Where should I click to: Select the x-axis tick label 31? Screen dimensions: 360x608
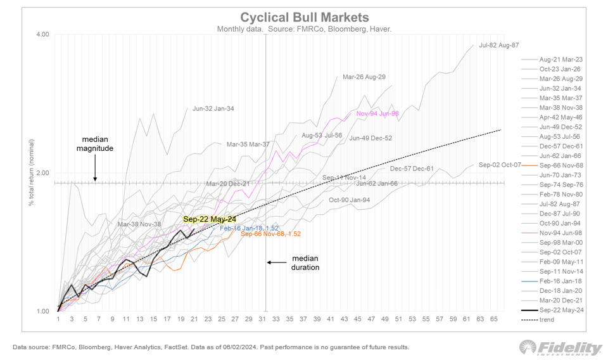262,320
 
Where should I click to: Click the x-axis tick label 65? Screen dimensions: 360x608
494,320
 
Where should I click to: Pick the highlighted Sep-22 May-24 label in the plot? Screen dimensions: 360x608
205,219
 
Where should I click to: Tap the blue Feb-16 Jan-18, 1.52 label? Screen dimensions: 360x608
249,228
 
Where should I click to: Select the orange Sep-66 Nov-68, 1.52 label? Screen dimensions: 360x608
270,235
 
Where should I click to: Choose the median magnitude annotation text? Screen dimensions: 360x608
95,143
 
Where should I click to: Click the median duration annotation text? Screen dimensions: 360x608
305,263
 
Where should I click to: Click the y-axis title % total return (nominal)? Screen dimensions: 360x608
30,173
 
